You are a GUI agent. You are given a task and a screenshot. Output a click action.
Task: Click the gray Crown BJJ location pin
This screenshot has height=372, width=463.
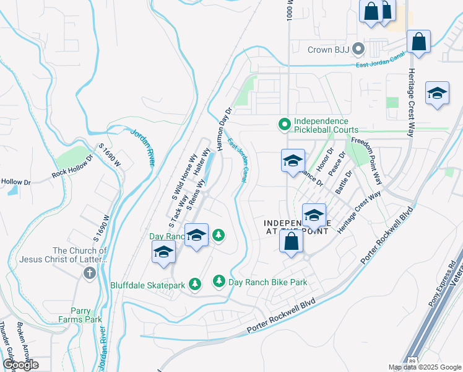coord(358,49)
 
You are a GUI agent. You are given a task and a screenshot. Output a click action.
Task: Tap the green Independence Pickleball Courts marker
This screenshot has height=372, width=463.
coord(284,125)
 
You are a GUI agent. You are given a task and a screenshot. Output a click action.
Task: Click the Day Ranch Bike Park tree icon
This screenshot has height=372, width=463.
coord(219,281)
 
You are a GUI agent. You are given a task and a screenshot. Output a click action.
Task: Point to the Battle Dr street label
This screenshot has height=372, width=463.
coord(344,182)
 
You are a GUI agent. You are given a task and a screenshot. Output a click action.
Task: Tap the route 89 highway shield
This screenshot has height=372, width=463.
coord(413,361)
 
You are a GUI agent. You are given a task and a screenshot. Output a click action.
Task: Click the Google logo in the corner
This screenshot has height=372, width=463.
coord(20,365)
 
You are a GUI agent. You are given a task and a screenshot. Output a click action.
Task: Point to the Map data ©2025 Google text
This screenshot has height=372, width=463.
coord(424,367)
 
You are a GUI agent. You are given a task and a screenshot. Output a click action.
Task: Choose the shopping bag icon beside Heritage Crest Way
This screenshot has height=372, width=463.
coord(419,42)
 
